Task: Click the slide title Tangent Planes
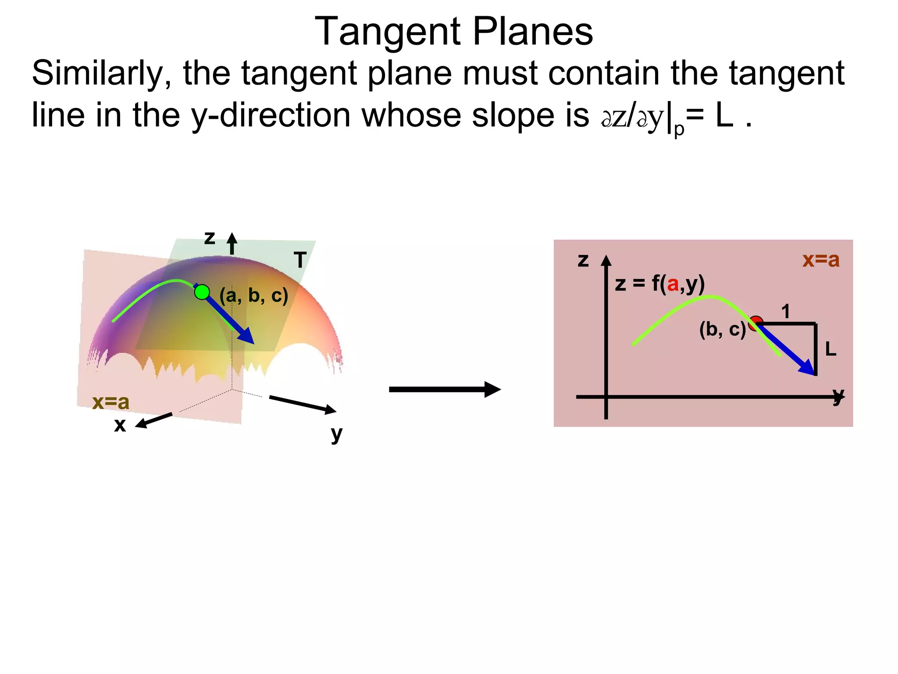point(454,32)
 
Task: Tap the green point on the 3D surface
point(202,292)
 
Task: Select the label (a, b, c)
point(254,295)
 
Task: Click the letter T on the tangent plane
point(300,260)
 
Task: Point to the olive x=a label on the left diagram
point(111,402)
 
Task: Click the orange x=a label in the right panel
point(821,260)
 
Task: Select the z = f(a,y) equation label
point(659,284)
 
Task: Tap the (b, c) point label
point(722,329)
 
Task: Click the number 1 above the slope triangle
point(785,312)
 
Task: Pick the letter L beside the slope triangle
point(830,350)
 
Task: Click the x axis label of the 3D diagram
point(120,425)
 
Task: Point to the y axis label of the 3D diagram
point(336,434)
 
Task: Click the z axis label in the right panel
point(583,260)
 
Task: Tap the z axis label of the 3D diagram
point(210,238)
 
